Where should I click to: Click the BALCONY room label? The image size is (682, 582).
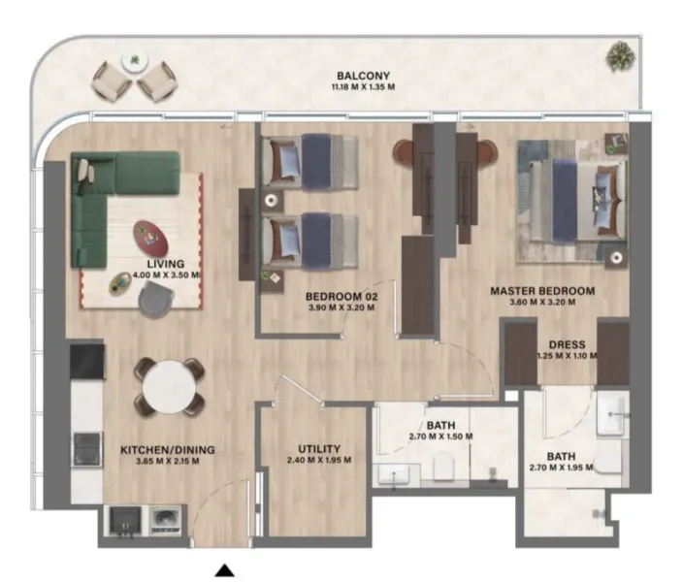[364, 75]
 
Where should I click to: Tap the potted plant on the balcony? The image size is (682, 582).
[616, 57]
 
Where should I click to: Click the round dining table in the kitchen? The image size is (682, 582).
[169, 389]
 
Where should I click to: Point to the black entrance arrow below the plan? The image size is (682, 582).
[224, 570]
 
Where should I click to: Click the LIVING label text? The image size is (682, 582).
[166, 263]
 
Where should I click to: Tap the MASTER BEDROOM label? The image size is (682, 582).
[542, 290]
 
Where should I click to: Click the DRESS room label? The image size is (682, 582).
[566, 343]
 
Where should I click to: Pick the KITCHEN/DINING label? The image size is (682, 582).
[167, 450]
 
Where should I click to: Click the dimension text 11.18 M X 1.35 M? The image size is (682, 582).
[364, 87]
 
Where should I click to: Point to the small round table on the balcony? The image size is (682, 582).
[132, 62]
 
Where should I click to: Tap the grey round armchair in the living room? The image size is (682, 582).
[153, 302]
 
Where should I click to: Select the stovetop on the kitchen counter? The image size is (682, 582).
[86, 447]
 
